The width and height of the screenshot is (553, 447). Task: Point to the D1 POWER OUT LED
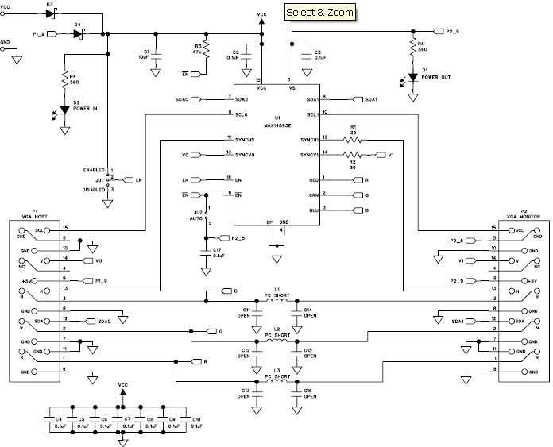[x=412, y=77]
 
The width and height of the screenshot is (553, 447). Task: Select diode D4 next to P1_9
[x=78, y=33]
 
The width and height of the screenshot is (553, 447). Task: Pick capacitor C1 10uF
[x=156, y=56]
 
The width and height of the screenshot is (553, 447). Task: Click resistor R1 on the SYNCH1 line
[x=352, y=140]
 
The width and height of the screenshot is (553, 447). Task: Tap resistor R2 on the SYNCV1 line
[x=352, y=154]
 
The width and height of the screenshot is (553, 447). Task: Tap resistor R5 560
[x=412, y=48]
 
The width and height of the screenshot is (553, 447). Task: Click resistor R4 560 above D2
[x=64, y=79]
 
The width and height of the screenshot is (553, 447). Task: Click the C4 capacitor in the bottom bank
[x=55, y=421]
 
